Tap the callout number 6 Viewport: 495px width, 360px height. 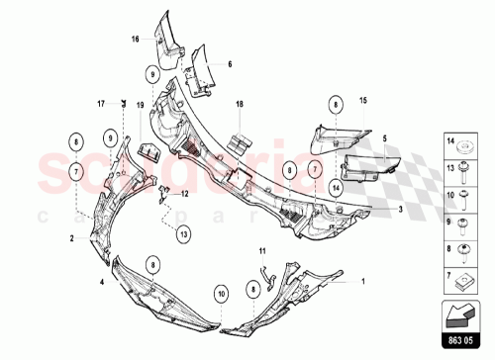(x=229, y=64)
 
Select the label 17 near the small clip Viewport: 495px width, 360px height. (x=101, y=102)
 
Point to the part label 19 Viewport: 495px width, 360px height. (x=140, y=103)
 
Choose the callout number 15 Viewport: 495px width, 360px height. (x=362, y=102)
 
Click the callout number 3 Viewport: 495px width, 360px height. (x=399, y=210)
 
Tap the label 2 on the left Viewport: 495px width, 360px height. (x=72, y=238)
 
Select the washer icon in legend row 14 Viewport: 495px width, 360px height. (x=464, y=146)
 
